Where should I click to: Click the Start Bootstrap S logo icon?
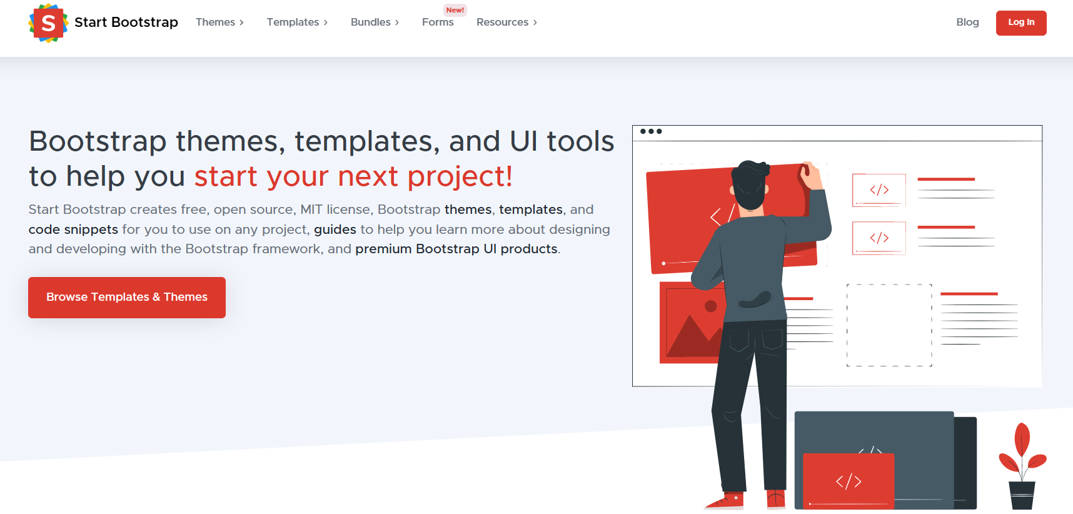tap(48, 23)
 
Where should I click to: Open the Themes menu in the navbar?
tap(219, 23)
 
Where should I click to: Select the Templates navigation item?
tap(297, 23)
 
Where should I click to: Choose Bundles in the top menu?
tap(375, 23)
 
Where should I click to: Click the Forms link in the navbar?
tap(438, 23)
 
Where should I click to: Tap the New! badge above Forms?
tap(455, 10)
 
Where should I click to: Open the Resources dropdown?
tap(506, 23)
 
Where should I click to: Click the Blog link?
tap(967, 23)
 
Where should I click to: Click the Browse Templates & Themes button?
tap(127, 298)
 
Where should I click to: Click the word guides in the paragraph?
tap(335, 229)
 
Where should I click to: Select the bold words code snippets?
tap(73, 229)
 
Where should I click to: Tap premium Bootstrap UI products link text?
tap(456, 249)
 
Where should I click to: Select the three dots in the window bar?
tap(651, 131)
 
